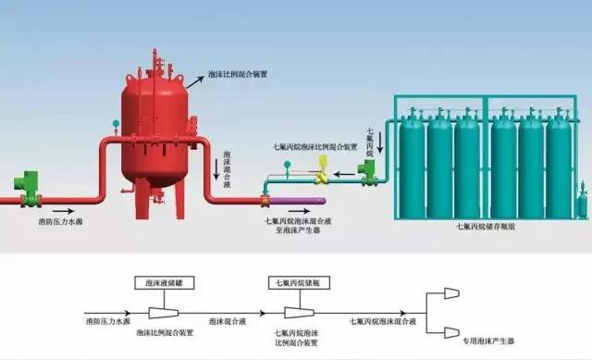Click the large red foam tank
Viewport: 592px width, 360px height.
(x=155, y=130)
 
